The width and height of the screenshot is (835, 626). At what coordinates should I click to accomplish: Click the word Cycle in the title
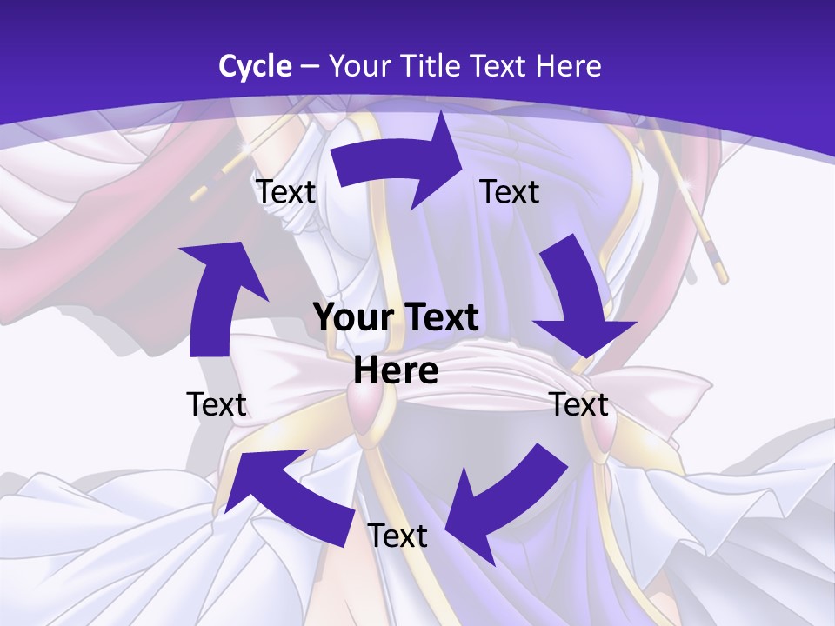(x=255, y=66)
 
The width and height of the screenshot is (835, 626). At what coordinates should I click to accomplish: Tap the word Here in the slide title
(x=569, y=66)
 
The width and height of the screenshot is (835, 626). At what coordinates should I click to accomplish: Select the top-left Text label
(x=286, y=192)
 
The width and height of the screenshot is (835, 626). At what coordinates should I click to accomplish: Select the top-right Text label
(x=510, y=192)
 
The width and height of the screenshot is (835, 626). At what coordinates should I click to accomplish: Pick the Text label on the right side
(x=579, y=404)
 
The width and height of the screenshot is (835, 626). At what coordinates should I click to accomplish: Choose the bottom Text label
(x=397, y=536)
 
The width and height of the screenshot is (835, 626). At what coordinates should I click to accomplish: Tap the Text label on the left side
(x=217, y=404)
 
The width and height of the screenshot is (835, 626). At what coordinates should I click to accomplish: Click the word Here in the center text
(x=396, y=371)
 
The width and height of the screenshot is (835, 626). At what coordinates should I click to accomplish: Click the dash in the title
(x=309, y=66)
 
